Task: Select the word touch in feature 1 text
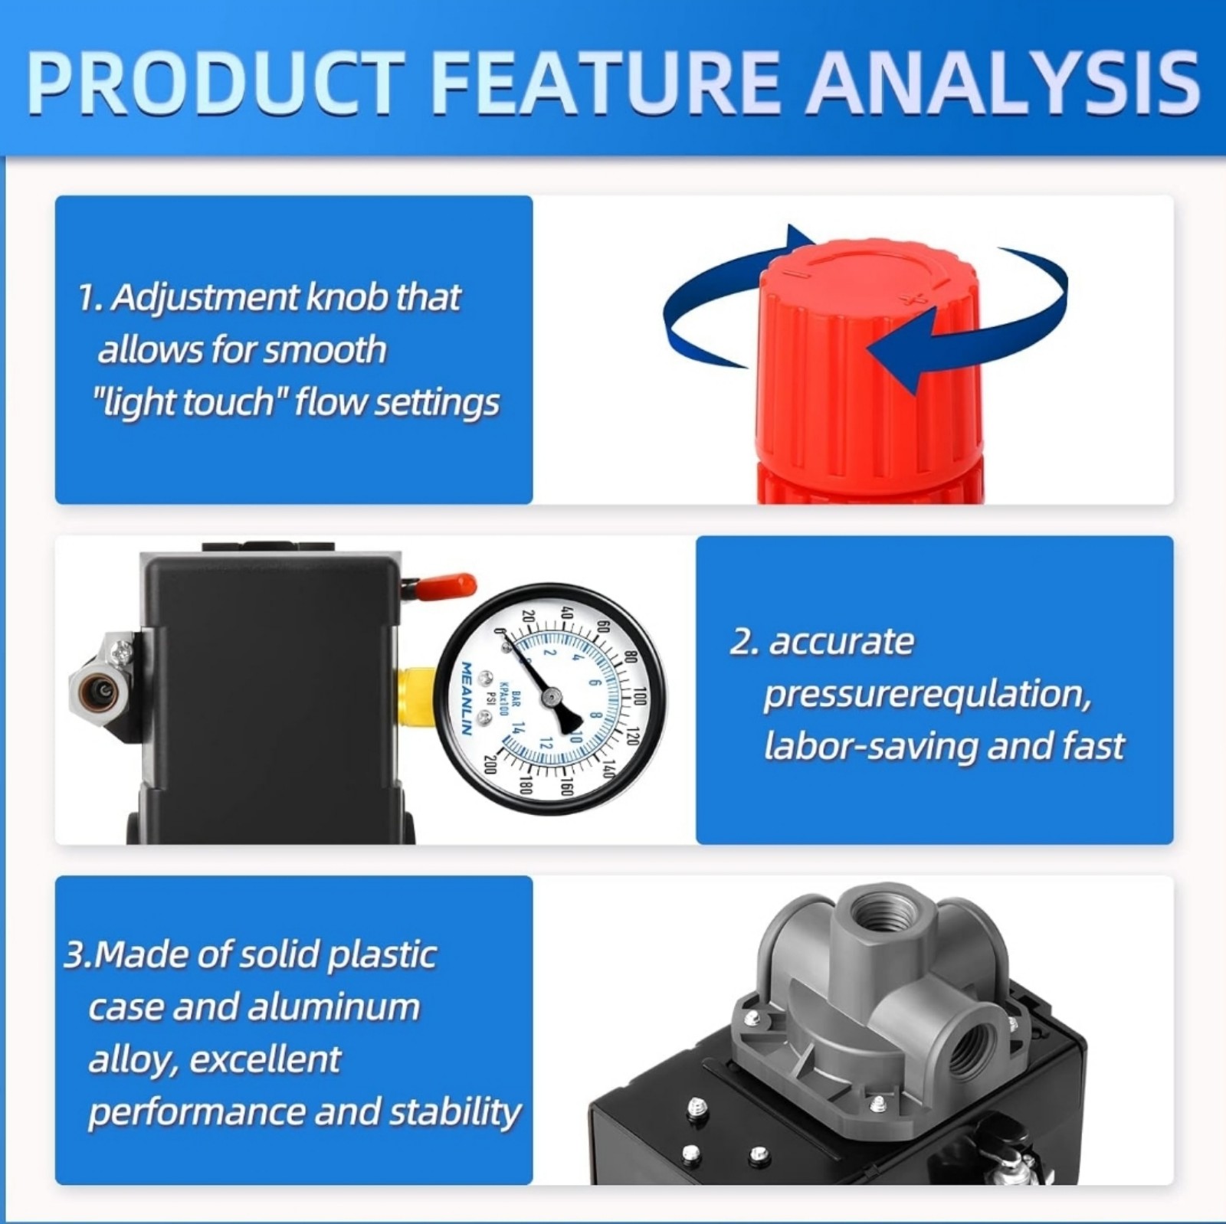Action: click(x=231, y=402)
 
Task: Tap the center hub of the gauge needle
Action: click(x=550, y=697)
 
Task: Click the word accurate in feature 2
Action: click(x=841, y=642)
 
